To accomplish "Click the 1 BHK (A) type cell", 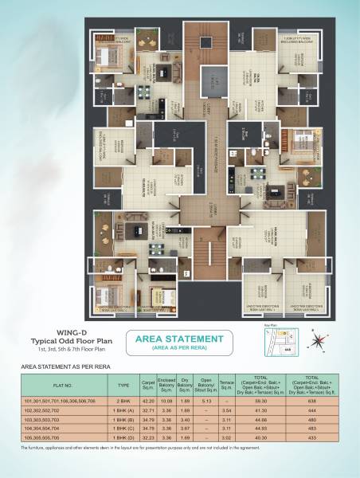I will (123, 411).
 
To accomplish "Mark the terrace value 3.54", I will (226, 411).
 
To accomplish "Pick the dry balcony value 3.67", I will (185, 429).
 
